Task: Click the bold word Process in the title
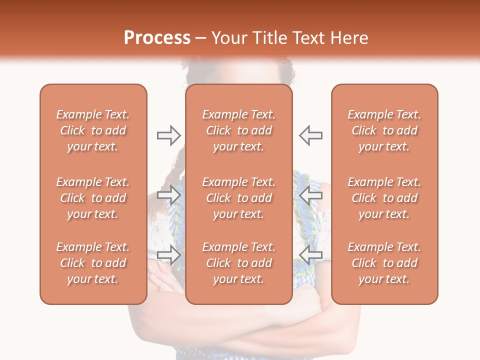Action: point(157,38)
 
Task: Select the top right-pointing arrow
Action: point(168,135)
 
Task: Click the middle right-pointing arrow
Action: point(168,194)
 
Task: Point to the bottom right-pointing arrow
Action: point(168,254)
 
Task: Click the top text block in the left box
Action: point(93,130)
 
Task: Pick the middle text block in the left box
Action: point(93,198)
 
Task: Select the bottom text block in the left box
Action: point(93,263)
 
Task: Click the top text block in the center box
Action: point(238,130)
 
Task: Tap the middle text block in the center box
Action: point(238,198)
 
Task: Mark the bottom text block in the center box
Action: point(238,263)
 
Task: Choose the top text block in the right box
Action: point(384,130)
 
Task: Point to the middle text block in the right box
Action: point(384,198)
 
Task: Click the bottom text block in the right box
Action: point(384,263)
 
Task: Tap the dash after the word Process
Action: point(201,38)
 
